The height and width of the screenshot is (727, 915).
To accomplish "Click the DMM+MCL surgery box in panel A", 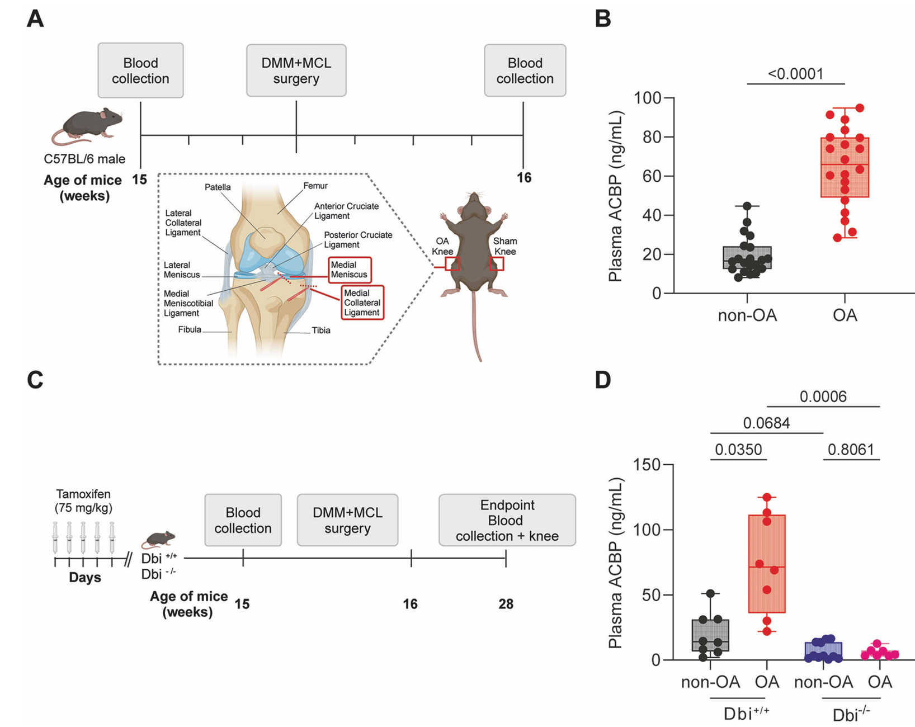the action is pyautogui.click(x=296, y=70).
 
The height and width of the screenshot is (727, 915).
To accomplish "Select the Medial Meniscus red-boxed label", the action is pyautogui.click(x=350, y=270).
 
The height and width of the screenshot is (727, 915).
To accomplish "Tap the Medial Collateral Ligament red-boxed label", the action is pyautogui.click(x=362, y=303).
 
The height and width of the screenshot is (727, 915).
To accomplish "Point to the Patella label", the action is pyautogui.click(x=218, y=187).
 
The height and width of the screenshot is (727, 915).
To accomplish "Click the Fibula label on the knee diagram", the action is pyautogui.click(x=190, y=329).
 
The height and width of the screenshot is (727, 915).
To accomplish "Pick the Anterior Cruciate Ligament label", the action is pyautogui.click(x=347, y=211).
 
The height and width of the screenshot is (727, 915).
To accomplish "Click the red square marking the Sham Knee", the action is pyautogui.click(x=497, y=263).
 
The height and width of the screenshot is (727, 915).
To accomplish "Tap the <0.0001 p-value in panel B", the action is pyautogui.click(x=796, y=74).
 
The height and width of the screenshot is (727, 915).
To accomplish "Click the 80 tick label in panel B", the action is pyautogui.click(x=652, y=138).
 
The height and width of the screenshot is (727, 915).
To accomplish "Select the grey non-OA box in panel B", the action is pyautogui.click(x=747, y=258).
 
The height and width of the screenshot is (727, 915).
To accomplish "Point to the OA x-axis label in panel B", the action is pyautogui.click(x=845, y=315).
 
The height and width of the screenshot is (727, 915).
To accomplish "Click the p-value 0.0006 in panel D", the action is pyautogui.click(x=823, y=396).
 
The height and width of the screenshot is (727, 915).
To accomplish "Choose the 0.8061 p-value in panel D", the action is pyautogui.click(x=851, y=450).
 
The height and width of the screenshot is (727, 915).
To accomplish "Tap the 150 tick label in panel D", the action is pyautogui.click(x=647, y=464).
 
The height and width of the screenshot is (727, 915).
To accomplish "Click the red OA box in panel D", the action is pyautogui.click(x=767, y=564).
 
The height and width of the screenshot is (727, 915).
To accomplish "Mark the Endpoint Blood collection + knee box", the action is pyautogui.click(x=507, y=520).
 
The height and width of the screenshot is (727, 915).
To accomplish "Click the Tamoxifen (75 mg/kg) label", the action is pyautogui.click(x=83, y=501).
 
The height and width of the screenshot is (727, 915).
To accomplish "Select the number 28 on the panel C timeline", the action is pyautogui.click(x=506, y=604).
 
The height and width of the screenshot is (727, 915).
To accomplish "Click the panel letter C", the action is pyautogui.click(x=35, y=380).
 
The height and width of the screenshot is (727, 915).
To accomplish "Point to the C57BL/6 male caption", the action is pyautogui.click(x=84, y=159).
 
